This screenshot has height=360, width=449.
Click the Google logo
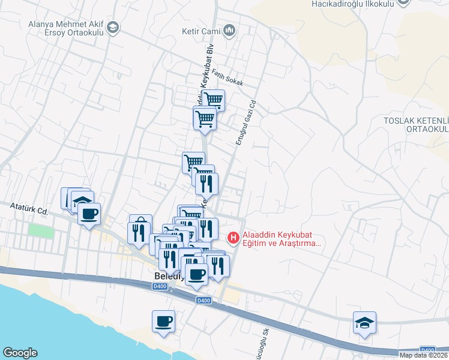[x=20, y=353]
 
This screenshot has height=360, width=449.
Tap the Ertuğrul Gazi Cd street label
[x=246, y=122]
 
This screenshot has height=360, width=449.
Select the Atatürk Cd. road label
[x=29, y=209]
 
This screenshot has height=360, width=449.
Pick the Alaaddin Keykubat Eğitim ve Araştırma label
[x=282, y=239]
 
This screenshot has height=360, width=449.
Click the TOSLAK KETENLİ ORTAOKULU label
[x=417, y=125]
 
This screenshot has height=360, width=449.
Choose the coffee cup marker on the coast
[x=163, y=322]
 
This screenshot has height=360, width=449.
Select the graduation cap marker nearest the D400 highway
[x=364, y=323]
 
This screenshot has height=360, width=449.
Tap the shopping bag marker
[x=140, y=222]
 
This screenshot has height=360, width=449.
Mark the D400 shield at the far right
[x=427, y=350]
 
